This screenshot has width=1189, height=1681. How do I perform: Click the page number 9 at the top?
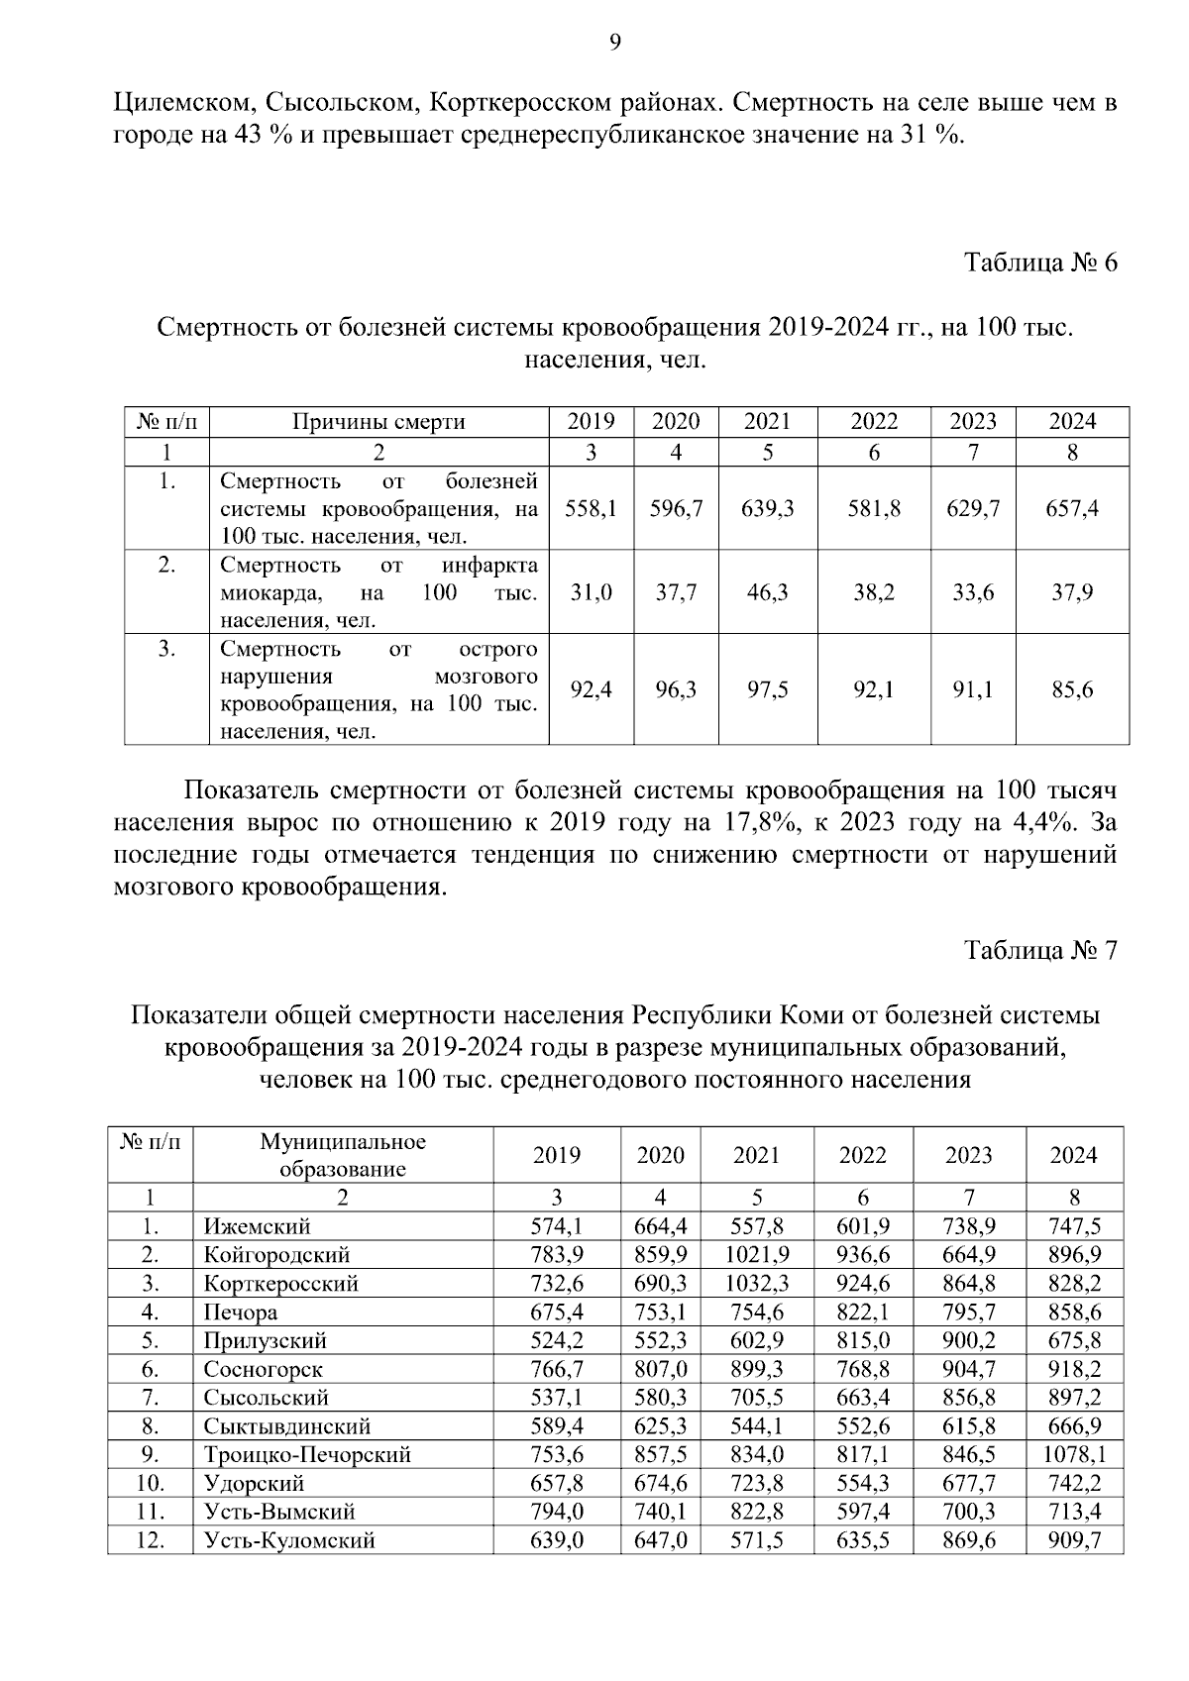pos(614,41)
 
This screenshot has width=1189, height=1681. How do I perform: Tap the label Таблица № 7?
pos(1040,951)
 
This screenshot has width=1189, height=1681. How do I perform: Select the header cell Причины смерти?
pos(378,422)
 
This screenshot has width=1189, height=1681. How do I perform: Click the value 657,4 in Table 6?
pos(1072,509)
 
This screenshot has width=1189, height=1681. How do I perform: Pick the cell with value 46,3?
pos(767,593)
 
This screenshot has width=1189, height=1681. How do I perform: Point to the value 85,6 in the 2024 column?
pos(1072,689)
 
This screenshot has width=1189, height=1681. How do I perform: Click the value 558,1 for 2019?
pos(591,509)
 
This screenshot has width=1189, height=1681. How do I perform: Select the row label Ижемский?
pos(257,1227)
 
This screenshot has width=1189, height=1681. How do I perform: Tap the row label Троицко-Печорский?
pos(307,1455)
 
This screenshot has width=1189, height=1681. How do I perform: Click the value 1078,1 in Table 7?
pos(1074,1455)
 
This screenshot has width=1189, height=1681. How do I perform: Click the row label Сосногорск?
pos(263,1370)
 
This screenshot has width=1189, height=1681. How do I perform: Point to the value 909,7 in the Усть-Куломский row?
pos(1074,1541)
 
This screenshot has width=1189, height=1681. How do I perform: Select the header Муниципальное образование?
pos(343,1155)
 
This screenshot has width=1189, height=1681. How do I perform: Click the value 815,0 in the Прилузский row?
pos(863,1341)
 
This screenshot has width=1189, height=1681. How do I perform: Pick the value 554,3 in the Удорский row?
pos(863,1484)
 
